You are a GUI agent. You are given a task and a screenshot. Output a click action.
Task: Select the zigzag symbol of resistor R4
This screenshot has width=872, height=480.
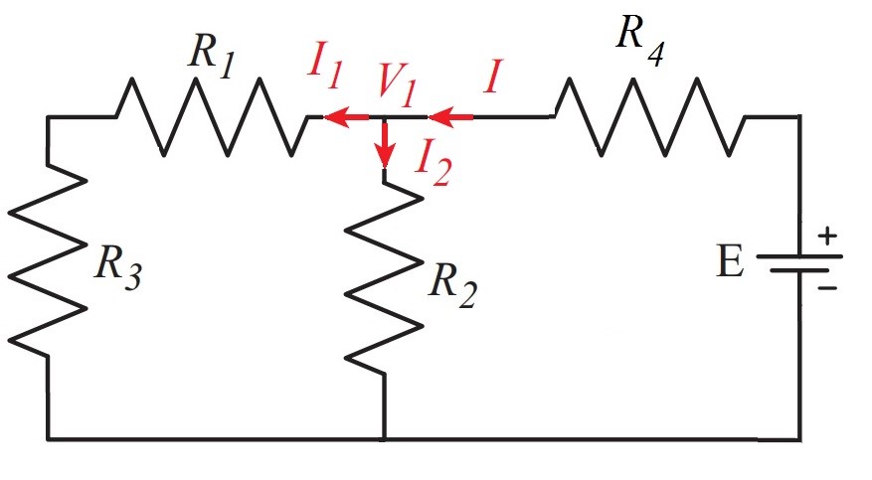pyautogui.click(x=651, y=117)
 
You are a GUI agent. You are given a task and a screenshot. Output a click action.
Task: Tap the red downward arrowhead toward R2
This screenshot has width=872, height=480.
pyautogui.click(x=384, y=159)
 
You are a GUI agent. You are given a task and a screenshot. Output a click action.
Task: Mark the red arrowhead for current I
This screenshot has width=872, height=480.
pyautogui.click(x=437, y=118)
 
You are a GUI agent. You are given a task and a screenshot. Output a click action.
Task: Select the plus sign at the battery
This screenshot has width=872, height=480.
pyautogui.click(x=826, y=238)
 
